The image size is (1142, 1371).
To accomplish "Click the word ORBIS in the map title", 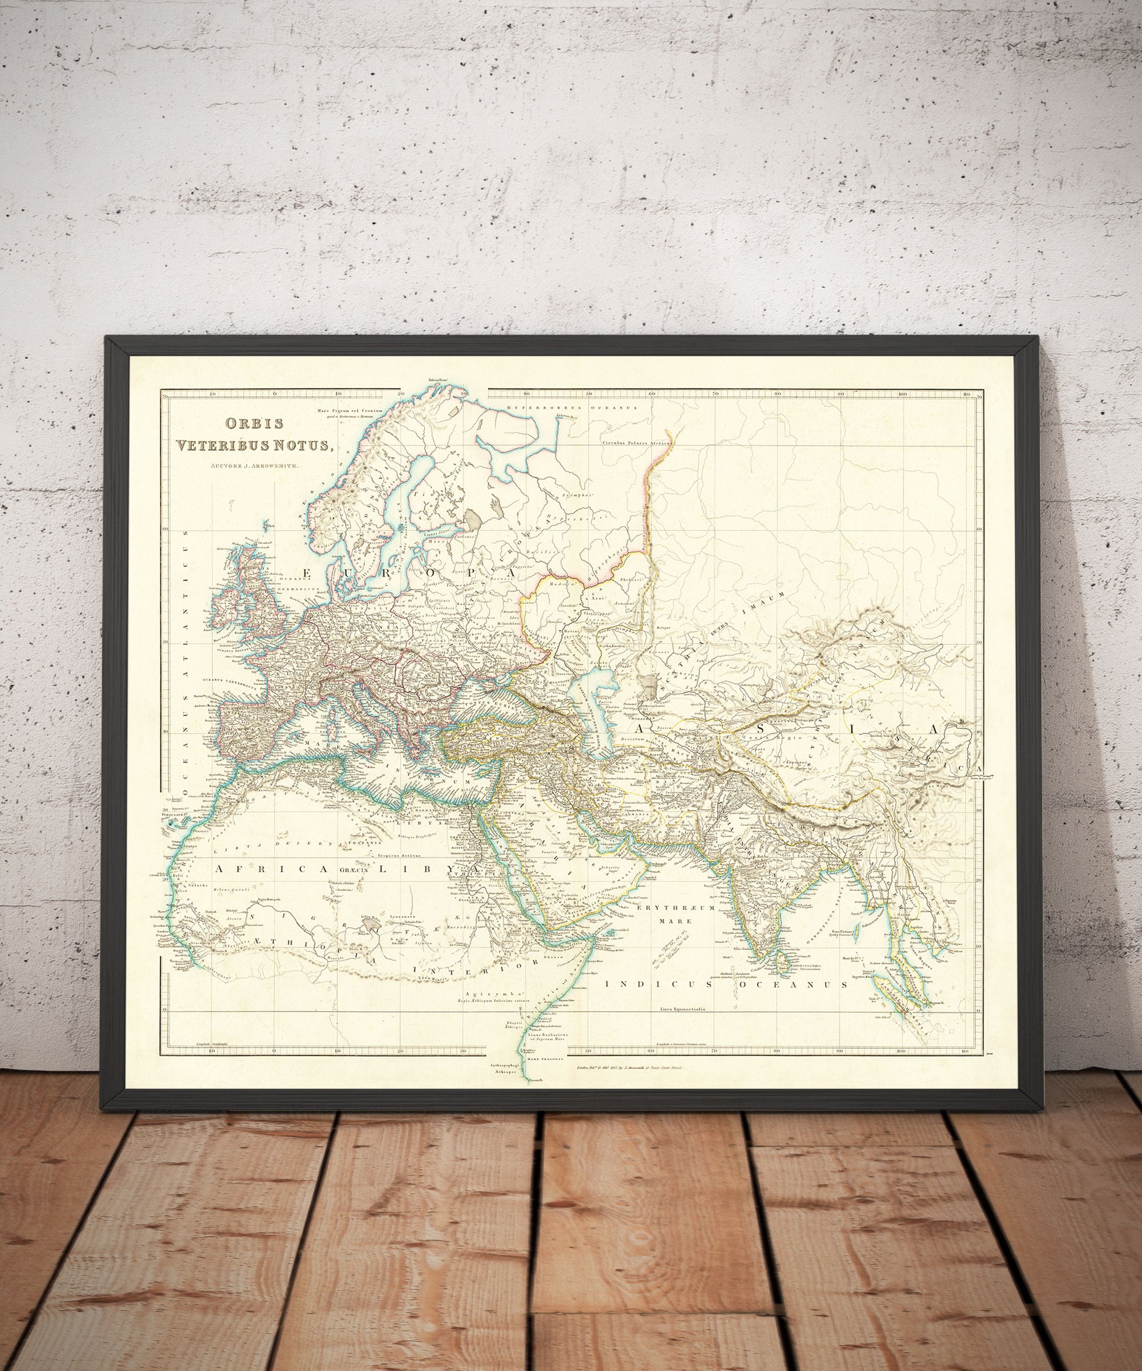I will (255, 423).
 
